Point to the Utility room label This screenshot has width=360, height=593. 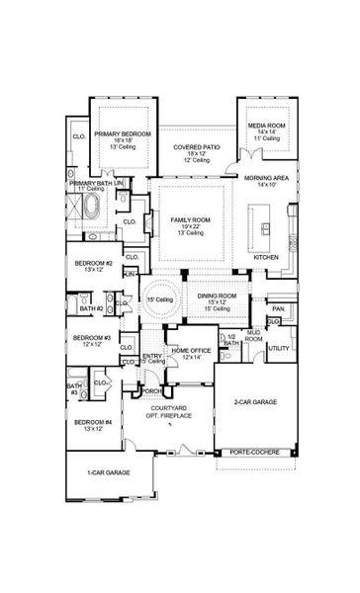(279, 349)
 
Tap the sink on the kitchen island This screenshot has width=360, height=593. (265, 228)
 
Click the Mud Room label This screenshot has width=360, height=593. (253, 336)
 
